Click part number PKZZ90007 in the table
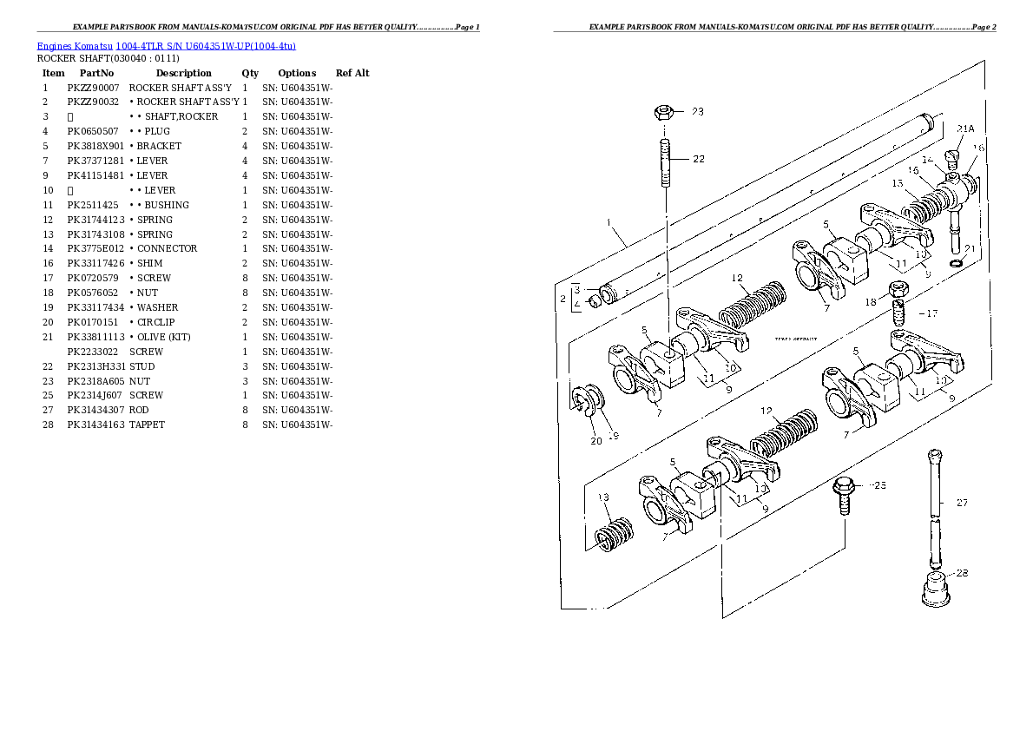[93, 88]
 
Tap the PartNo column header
[96, 73]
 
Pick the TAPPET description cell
[147, 425]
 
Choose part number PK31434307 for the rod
[95, 410]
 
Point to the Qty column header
[250, 73]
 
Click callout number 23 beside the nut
[698, 112]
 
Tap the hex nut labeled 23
[664, 112]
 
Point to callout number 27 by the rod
[961, 503]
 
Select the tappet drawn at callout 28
[934, 588]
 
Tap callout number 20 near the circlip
[595, 441]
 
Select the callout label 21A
[964, 129]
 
